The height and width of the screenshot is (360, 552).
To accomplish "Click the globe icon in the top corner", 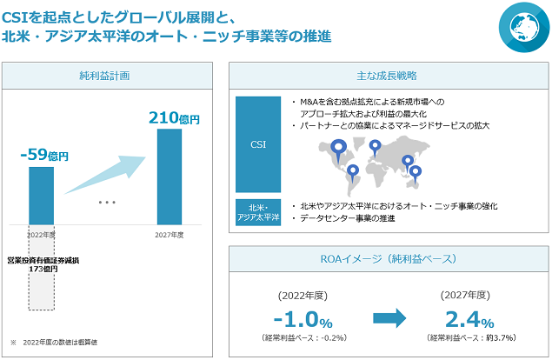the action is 524,27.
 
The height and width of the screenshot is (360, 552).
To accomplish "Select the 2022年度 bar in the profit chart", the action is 41,196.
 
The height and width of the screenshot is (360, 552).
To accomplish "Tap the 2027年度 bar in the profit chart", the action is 170,177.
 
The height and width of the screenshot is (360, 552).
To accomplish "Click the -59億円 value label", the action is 44,155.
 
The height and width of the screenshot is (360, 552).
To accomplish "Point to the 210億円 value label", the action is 174,118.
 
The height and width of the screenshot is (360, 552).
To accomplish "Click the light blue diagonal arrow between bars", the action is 105,175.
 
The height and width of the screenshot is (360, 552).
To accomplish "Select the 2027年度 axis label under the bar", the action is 170,235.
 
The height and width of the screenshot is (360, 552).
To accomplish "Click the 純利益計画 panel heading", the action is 104,76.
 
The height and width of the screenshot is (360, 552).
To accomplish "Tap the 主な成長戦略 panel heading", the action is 387,76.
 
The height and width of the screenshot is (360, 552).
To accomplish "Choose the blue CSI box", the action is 258,144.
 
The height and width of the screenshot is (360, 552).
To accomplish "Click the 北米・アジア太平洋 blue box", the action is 258,212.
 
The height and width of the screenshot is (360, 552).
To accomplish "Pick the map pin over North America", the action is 339,150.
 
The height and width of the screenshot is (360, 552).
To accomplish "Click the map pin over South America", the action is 353,173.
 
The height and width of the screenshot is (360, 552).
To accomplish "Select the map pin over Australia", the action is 416,175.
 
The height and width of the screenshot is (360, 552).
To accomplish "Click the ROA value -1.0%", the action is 303,319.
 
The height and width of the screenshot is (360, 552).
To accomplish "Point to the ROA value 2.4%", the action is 469,319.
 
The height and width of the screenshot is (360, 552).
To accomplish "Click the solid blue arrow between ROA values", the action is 389,318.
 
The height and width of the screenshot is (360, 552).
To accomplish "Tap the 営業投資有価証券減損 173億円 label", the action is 43,264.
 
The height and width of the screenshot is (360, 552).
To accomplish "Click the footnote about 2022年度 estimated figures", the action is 54,342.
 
